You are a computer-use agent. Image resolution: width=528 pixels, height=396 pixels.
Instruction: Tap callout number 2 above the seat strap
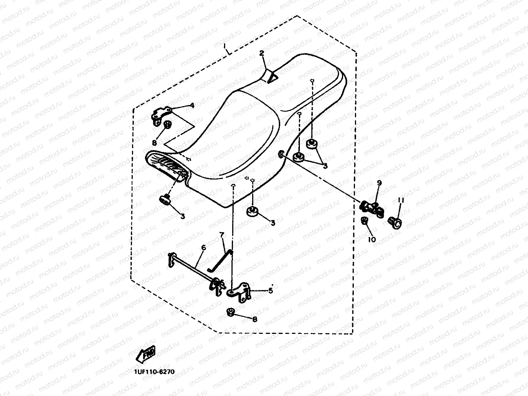click(x=261, y=53)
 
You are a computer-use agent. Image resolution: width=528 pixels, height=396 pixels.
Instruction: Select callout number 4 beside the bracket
click(x=192, y=105)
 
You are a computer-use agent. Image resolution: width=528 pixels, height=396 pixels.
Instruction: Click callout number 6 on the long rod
click(x=203, y=247)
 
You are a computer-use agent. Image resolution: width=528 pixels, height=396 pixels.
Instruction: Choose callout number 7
click(x=221, y=235)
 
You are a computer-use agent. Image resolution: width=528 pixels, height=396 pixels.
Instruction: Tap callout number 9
click(x=379, y=183)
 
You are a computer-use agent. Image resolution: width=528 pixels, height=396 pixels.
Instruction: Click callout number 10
click(x=372, y=239)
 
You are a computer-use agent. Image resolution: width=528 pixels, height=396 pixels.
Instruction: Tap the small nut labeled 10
click(x=364, y=221)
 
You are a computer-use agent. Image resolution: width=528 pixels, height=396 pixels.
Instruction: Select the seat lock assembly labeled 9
click(x=371, y=208)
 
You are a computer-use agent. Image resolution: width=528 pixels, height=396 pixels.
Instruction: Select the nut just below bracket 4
click(x=167, y=124)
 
